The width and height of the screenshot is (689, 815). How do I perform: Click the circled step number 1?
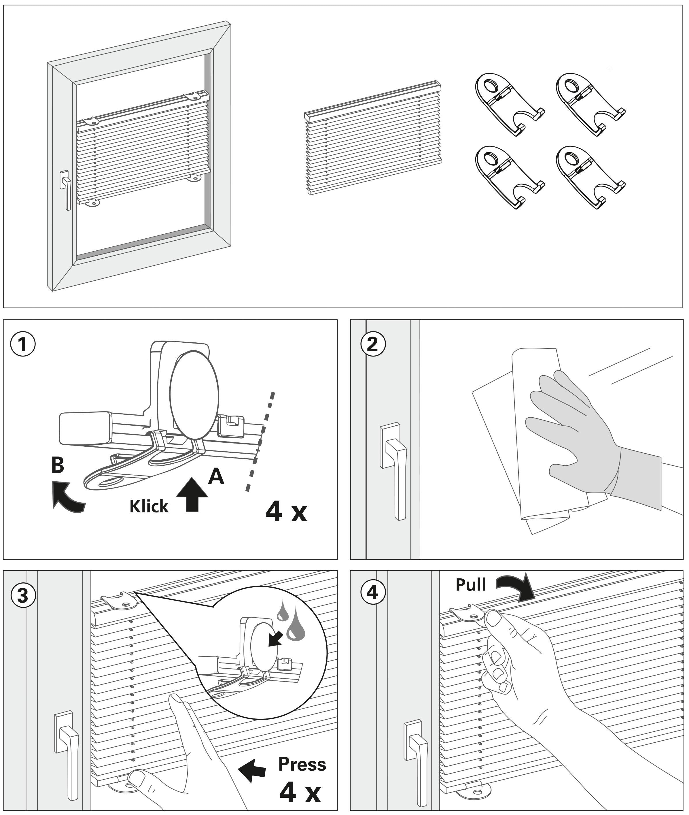(23, 345)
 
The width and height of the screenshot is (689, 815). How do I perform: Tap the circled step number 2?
(373, 345)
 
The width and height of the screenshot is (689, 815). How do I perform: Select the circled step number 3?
(23, 596)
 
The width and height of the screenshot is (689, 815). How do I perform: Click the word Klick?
(149, 506)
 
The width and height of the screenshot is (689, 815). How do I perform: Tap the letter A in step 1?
(216, 476)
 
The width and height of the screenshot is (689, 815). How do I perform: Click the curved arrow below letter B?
(67, 497)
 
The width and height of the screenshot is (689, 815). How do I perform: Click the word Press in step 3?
(302, 764)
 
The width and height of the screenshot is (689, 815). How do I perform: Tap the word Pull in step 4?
(471, 585)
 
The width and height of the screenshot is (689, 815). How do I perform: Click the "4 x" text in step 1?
(286, 512)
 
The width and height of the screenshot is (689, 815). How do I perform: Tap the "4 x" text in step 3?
(300, 793)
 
